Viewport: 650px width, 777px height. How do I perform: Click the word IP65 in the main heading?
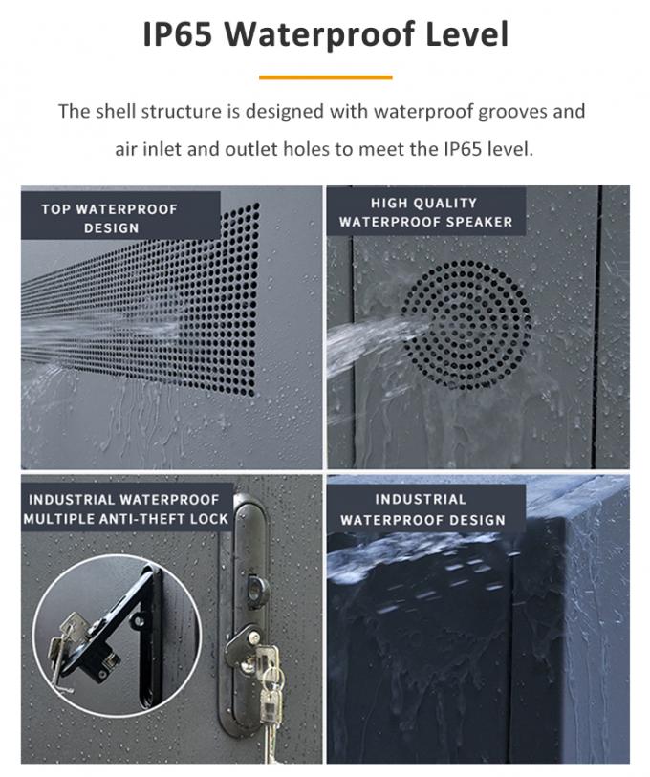(178, 33)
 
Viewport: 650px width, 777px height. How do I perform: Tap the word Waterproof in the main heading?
(320, 34)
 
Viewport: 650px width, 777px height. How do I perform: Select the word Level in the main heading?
(467, 33)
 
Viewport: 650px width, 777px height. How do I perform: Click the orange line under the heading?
(325, 77)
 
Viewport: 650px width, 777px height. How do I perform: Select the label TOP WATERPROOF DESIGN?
(110, 219)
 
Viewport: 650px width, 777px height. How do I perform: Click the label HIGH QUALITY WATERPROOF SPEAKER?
(425, 212)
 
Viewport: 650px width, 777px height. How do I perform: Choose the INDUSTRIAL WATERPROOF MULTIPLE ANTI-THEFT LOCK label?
(125, 508)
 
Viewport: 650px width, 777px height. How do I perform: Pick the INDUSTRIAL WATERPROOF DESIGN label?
(422, 509)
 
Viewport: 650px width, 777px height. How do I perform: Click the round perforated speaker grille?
(466, 325)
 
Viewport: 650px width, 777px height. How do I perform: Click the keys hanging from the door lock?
(271, 694)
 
